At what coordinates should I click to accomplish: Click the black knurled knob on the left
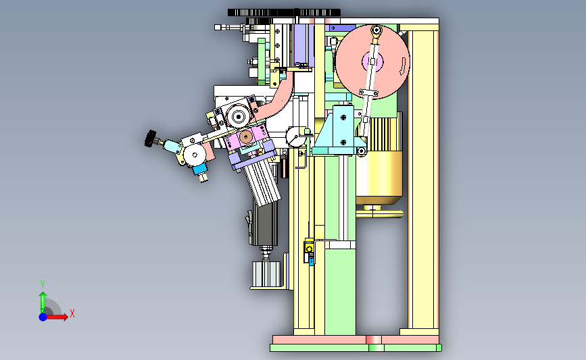tap(150, 138)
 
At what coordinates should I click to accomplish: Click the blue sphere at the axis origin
tap(43, 317)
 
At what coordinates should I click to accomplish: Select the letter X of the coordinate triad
tap(72, 313)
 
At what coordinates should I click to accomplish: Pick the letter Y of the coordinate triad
tap(43, 284)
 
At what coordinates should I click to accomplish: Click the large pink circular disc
tap(372, 61)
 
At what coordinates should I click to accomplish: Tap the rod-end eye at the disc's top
tap(376, 30)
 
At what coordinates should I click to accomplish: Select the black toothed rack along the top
tap(284, 13)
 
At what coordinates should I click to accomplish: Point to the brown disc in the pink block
tap(245, 137)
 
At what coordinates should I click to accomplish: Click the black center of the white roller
tap(239, 116)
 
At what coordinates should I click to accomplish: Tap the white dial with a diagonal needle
tap(295, 136)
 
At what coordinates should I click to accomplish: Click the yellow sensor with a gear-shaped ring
tap(309, 249)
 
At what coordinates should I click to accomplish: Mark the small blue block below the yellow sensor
tap(312, 261)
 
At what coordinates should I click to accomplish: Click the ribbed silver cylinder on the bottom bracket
tap(266, 274)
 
